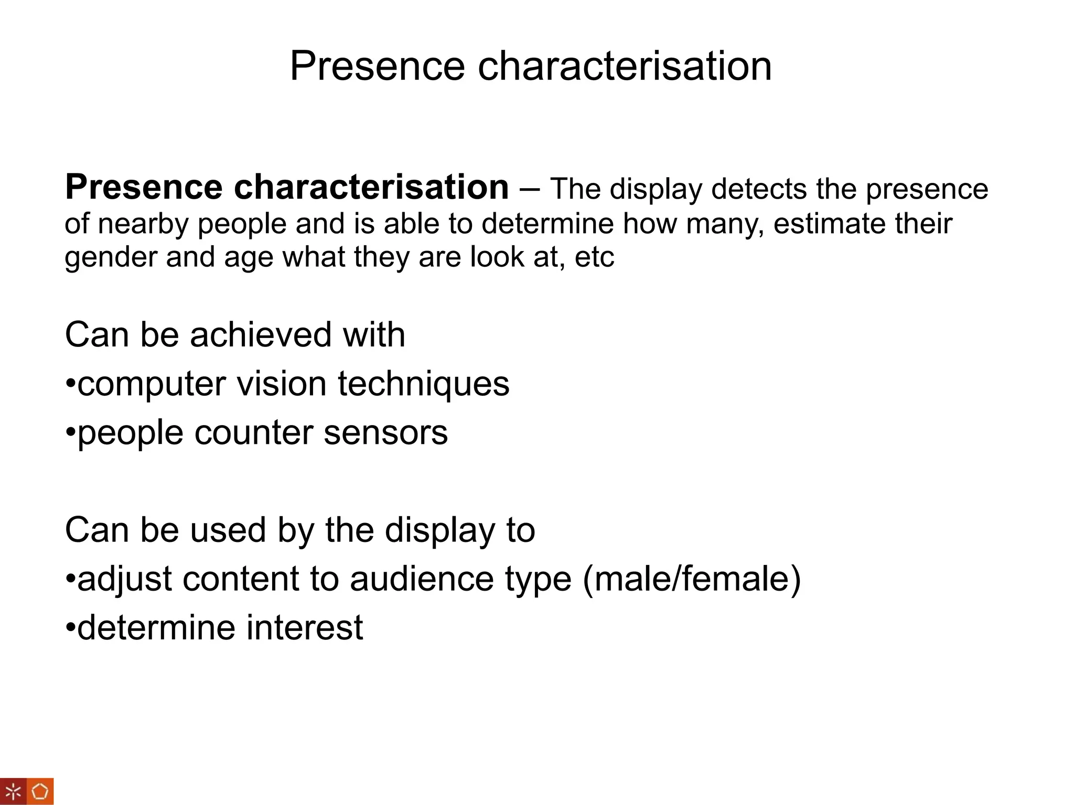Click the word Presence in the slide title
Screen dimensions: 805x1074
pos(377,66)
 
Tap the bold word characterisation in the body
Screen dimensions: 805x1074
pos(371,187)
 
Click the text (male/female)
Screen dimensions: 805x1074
pos(691,579)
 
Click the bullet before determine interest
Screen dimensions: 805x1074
pos(71,627)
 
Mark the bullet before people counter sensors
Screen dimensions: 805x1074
pos(71,433)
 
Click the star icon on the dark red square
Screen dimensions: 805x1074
pos(13,791)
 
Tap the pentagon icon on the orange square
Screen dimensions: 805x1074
pos(40,791)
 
